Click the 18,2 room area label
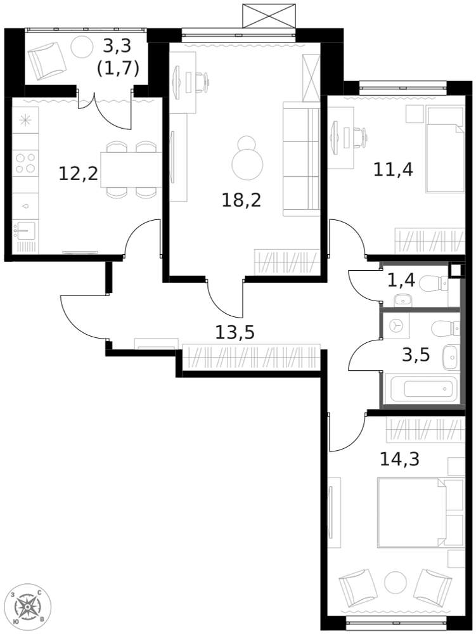(241, 200)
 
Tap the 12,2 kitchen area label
(79, 172)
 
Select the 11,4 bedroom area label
(393, 169)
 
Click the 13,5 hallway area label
(235, 332)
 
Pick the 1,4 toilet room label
(401, 280)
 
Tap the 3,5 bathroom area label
(416, 354)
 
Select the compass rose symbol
(28, 605)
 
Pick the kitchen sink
(26, 229)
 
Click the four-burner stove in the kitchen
(26, 163)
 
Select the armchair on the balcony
(48, 59)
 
